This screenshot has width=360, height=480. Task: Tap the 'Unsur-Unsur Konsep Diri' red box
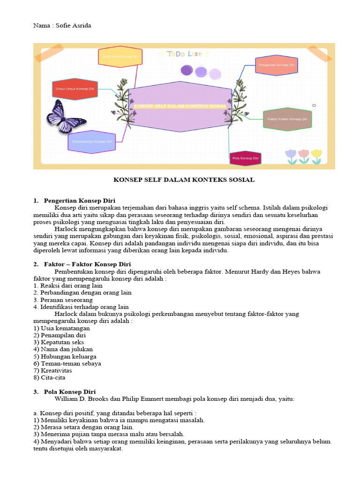[x=75, y=89]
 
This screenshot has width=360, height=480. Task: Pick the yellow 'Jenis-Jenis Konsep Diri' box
[x=120, y=56]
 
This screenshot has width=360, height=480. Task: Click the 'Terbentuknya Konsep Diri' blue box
[x=91, y=142]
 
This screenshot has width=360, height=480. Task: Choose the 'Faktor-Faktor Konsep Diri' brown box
[x=287, y=119]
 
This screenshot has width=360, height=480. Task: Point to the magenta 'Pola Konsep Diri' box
[x=245, y=158]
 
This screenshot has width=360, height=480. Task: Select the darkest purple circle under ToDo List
[x=187, y=71]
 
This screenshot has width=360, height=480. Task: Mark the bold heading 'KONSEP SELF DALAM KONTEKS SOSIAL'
[x=184, y=180]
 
